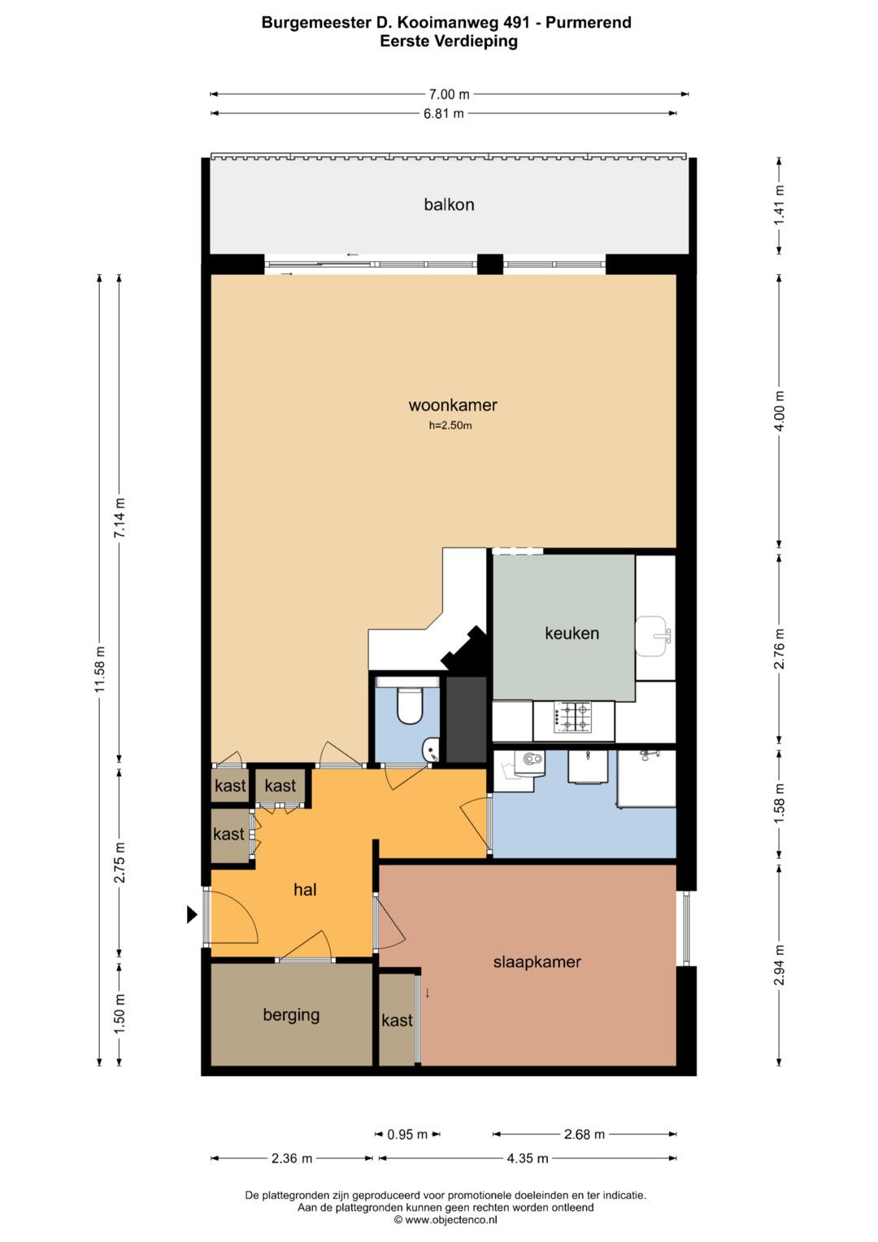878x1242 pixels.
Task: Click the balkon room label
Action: pos(449,205)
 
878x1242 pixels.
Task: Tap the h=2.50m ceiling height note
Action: pos(450,426)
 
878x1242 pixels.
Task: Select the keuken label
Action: pos(572,633)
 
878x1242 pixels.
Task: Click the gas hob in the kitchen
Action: pos(573,717)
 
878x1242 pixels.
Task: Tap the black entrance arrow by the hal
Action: pos(192,914)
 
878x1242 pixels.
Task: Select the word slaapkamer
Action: pos(537,962)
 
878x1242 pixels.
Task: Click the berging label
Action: pos(292,1015)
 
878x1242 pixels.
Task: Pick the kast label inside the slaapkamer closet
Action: pos(397,1020)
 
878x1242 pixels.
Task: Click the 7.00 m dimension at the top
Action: pos(449,94)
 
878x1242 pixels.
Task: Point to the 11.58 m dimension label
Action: pos(100,669)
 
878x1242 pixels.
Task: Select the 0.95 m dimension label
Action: pos(407,1135)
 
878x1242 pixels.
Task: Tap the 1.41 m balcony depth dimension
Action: pos(780,205)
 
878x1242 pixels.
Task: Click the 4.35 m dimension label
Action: pos(527,1158)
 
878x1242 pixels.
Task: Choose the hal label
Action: pos(305,890)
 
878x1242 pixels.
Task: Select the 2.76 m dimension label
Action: pos(780,648)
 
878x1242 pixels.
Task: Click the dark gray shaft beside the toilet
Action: pos(466,719)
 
